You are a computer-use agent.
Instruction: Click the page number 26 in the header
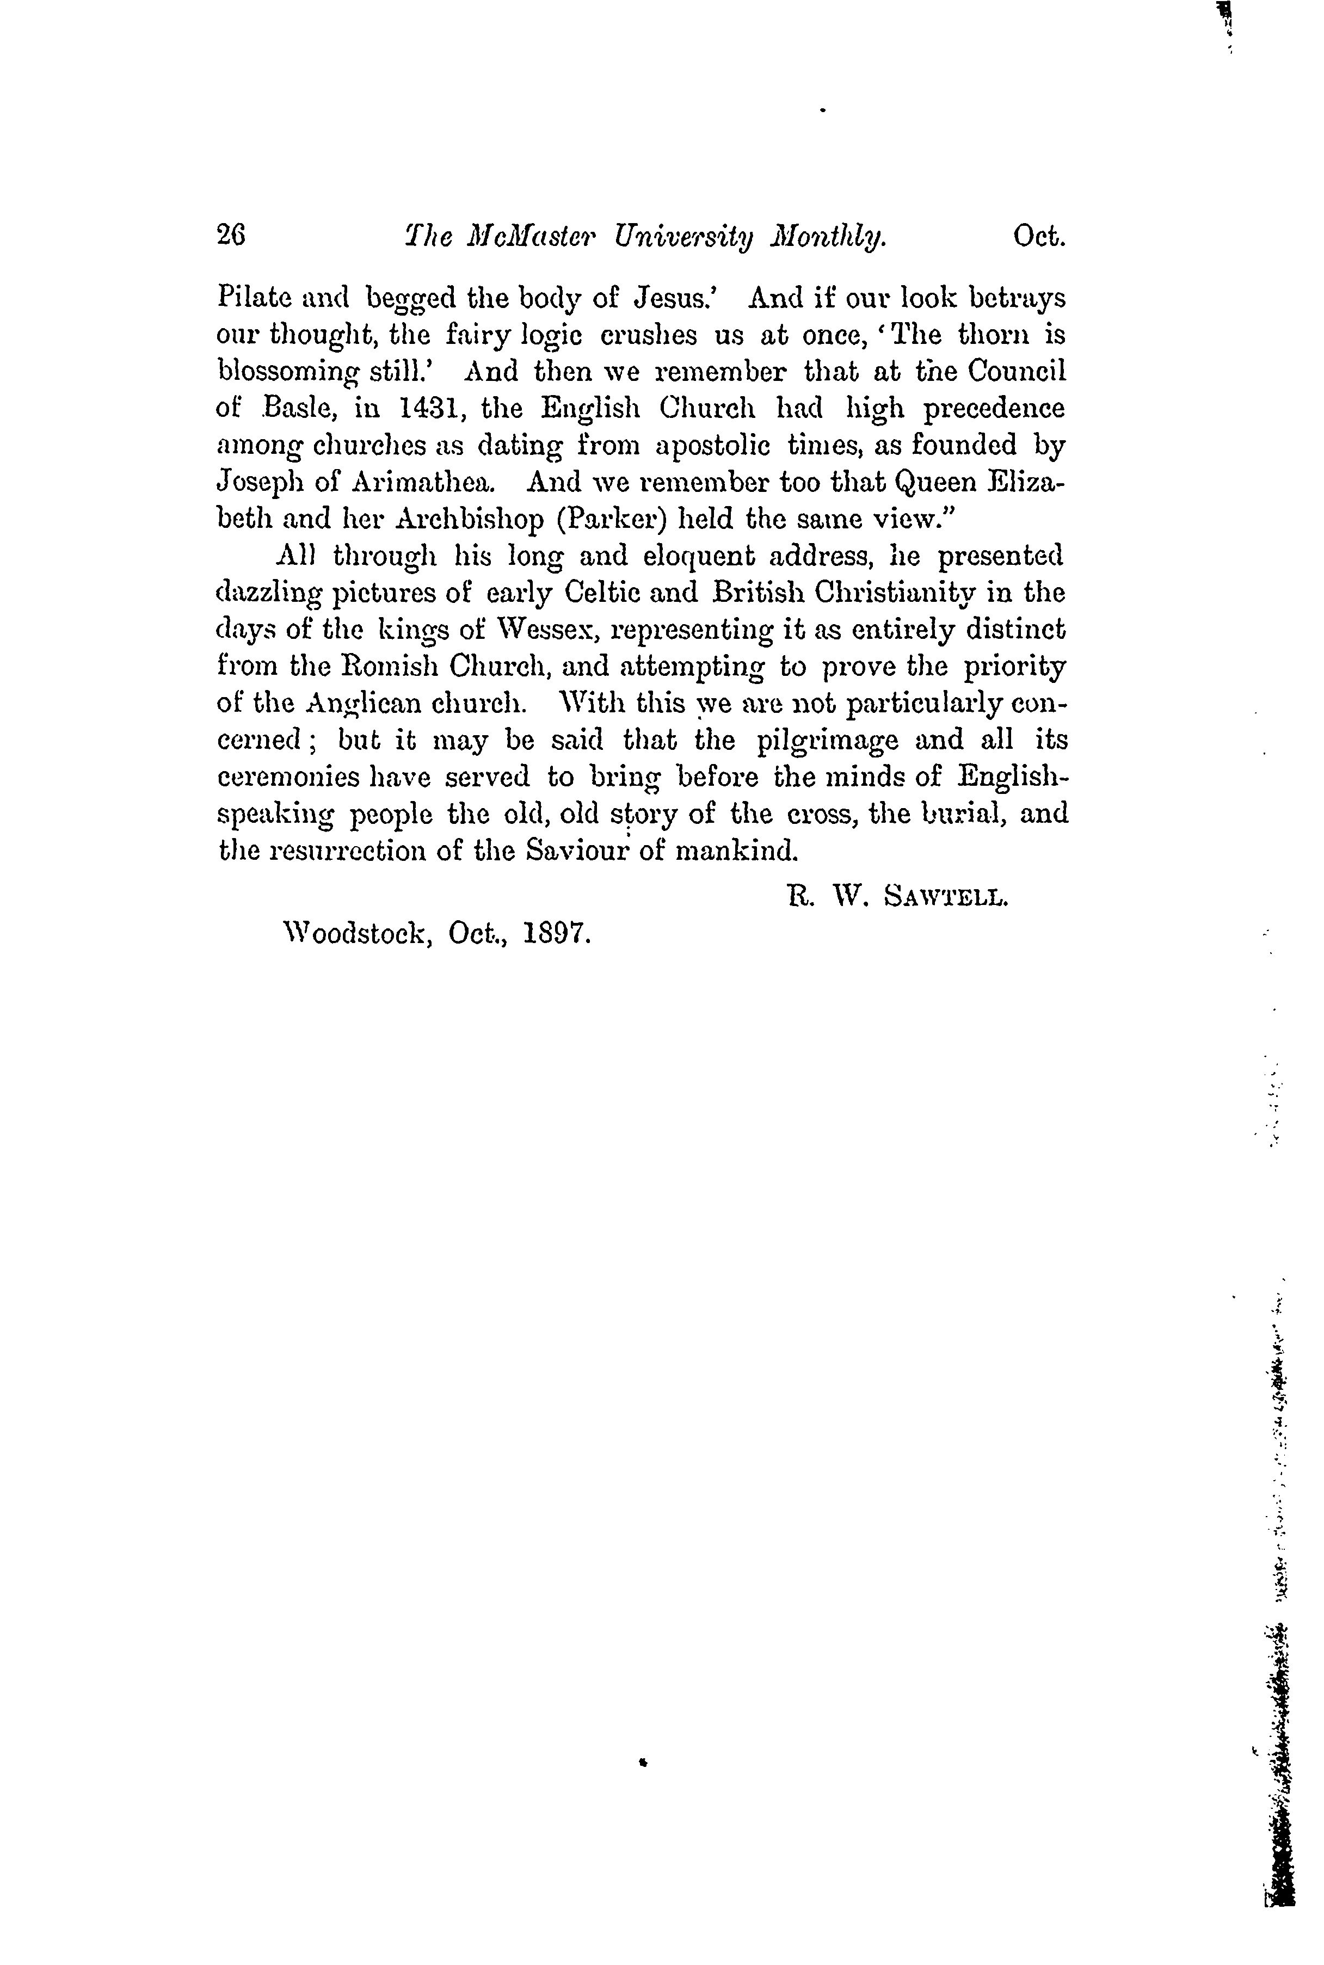coord(231,238)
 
